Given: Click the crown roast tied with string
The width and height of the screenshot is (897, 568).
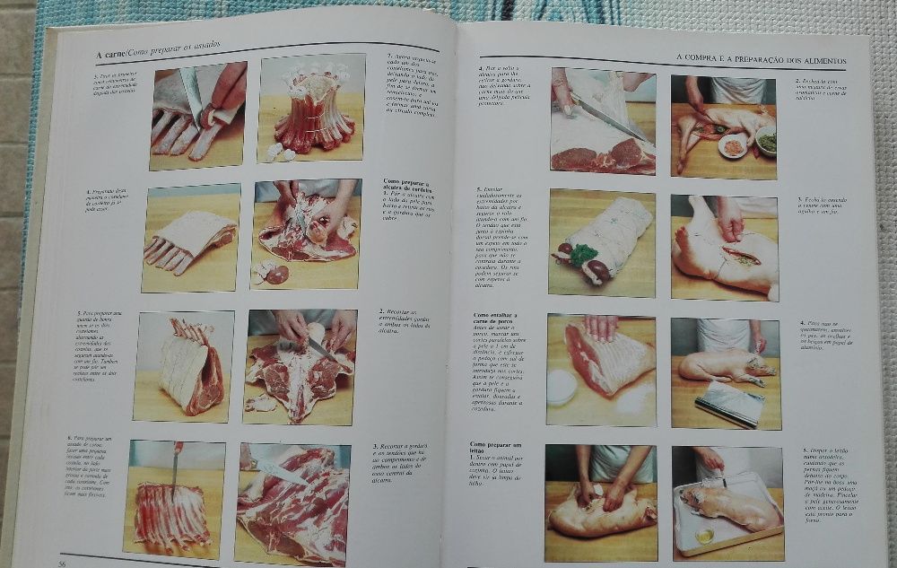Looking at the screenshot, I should [310, 111].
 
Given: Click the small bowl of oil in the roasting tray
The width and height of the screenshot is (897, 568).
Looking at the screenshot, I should [705, 535].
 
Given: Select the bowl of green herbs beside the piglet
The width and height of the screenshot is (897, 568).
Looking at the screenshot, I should [765, 141].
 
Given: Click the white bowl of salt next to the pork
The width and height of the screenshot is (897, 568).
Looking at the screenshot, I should [562, 388].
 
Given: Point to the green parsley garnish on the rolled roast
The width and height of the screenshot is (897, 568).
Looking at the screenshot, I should [583, 256].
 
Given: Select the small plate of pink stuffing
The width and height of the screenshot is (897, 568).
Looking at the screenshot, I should [734, 145].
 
